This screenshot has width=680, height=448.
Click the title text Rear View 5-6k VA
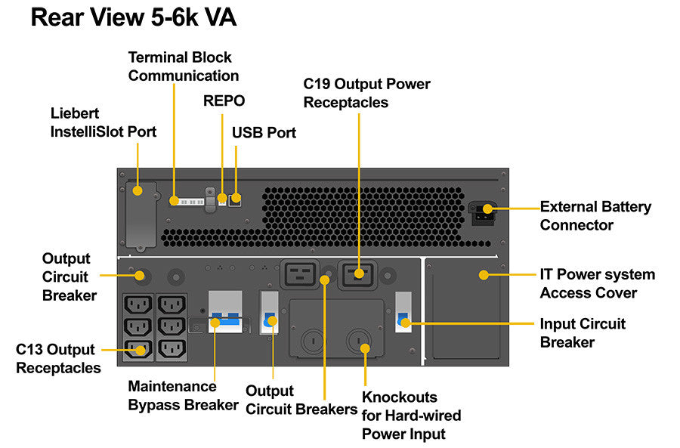133,17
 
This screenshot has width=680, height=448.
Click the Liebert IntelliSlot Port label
103,122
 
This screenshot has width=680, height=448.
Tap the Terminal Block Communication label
183,66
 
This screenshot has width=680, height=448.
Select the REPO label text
224,101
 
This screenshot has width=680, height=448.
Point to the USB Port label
264,133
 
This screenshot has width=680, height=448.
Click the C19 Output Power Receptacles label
366,93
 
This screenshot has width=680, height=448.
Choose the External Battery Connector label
595,216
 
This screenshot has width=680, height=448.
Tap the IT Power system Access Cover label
597,283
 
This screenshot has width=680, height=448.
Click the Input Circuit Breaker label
583,332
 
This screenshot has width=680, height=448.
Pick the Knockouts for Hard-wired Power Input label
411,415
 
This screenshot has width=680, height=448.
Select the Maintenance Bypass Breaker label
183,395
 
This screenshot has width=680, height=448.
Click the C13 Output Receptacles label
58,359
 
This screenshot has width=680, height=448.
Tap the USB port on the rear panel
236,199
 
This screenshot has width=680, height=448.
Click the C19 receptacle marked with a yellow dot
358,273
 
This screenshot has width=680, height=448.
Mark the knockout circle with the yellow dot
365,348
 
